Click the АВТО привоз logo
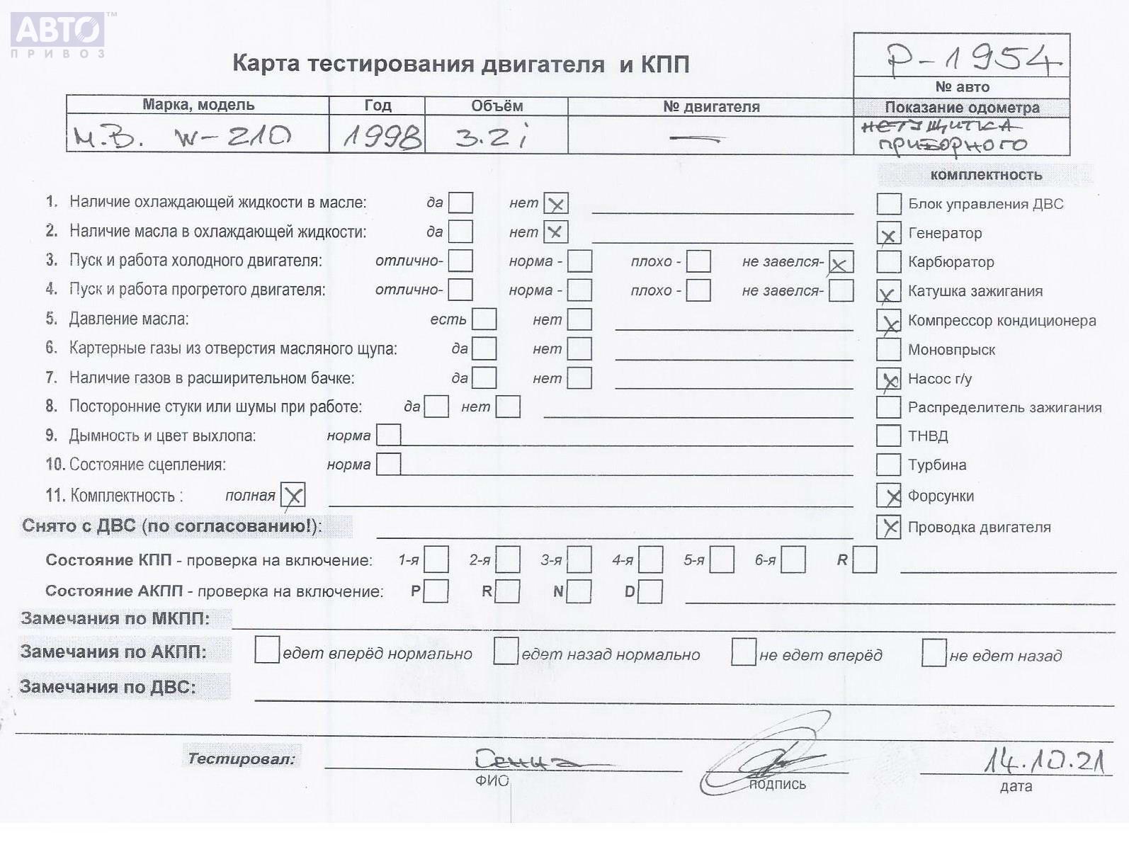point(58,35)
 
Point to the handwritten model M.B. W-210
point(182,136)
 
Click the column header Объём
point(497,106)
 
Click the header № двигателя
point(710,107)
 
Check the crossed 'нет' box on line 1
point(556,204)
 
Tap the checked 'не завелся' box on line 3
point(841,263)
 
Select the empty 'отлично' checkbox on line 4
point(460,290)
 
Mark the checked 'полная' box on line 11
point(293,495)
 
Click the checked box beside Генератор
point(888,234)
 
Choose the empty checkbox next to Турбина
point(888,465)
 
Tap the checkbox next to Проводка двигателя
point(888,527)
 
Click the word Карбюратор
point(951,262)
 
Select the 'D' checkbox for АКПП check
point(650,591)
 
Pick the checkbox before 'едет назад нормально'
point(506,651)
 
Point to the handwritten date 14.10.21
point(1044,761)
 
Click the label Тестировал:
point(241,758)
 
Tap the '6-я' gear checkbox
point(793,560)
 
